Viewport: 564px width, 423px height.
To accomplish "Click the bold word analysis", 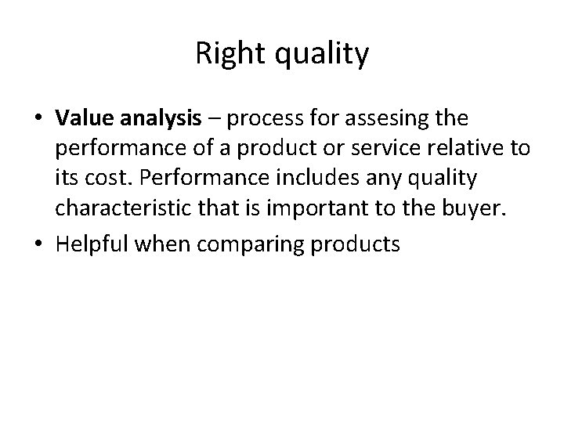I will [149, 119].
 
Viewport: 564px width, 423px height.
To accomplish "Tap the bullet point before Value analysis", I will [40, 120].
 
